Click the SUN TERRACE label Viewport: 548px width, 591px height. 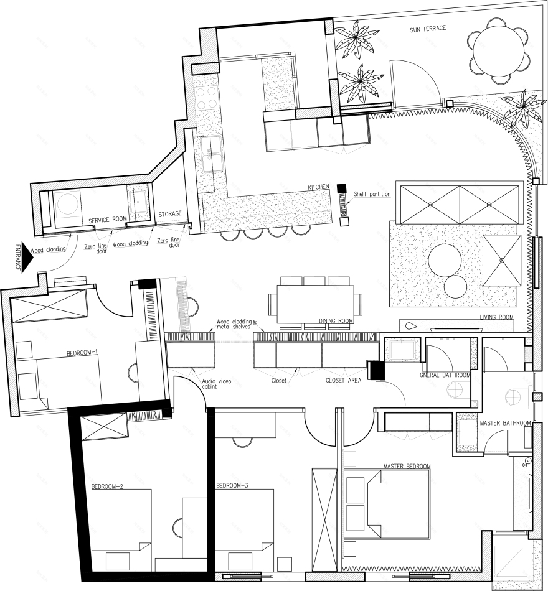point(428,29)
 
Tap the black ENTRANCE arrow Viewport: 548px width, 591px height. point(27,258)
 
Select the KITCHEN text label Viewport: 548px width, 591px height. point(319,187)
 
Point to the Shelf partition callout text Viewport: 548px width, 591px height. point(372,194)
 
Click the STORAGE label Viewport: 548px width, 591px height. point(170,214)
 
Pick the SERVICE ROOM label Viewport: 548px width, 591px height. point(108,220)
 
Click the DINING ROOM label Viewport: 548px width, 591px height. point(336,321)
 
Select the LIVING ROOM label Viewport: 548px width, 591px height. point(497,317)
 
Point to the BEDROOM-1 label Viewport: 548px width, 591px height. point(82,353)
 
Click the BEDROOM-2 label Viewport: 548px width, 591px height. point(107,486)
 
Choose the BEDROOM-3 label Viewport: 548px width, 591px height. point(232,485)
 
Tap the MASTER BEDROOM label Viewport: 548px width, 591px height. point(407,466)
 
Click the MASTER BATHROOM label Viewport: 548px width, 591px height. point(506,423)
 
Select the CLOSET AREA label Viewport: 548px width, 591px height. point(344,380)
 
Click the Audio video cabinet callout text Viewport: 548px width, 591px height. point(216,384)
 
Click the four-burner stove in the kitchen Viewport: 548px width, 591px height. point(207,98)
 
